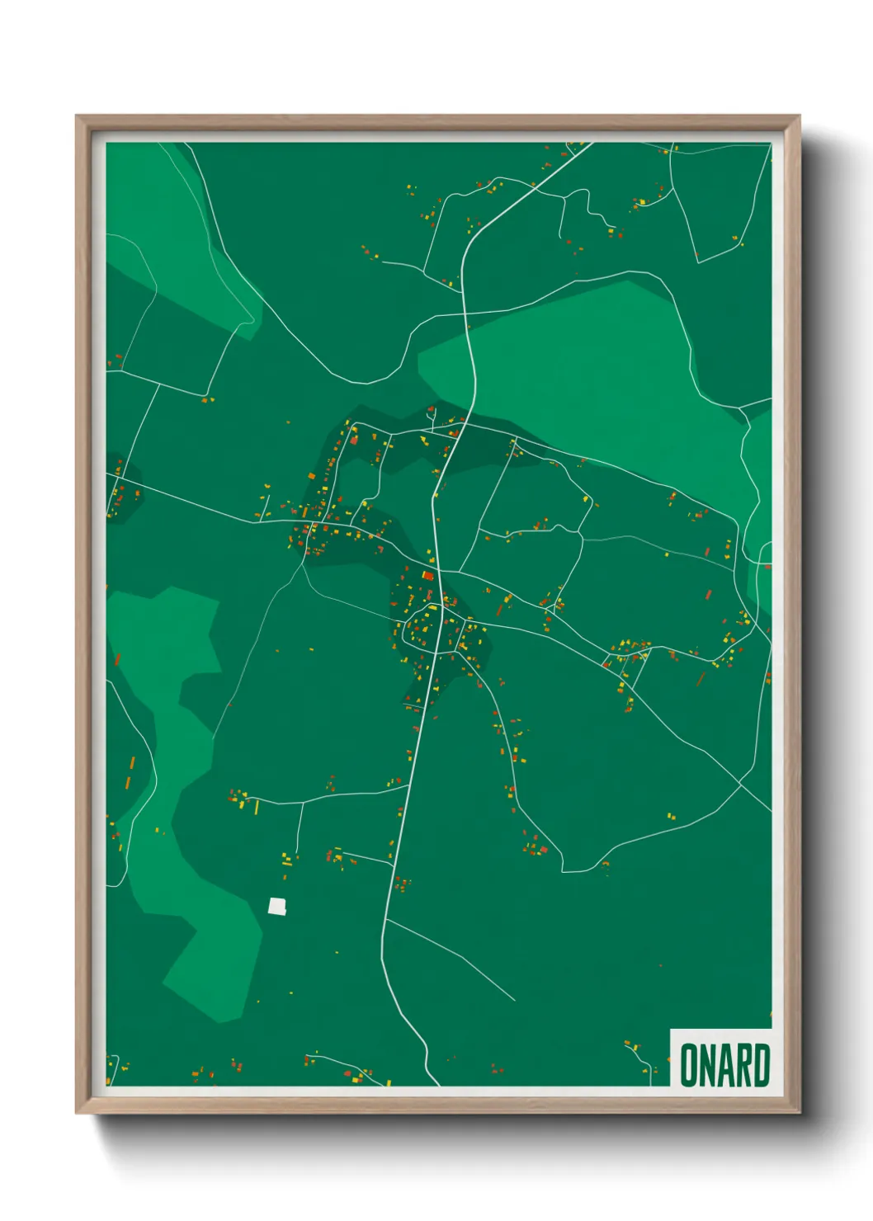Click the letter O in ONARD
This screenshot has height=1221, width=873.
coord(688,1065)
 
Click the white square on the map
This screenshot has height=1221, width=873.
coord(276,906)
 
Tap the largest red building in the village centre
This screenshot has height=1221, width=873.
coord(427,575)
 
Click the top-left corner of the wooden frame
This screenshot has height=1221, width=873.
coord(77,116)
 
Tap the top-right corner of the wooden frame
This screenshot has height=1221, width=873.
coord(799,116)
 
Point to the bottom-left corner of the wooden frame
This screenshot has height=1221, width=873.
coord(77,1112)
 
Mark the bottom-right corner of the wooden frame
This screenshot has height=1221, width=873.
coord(799,1112)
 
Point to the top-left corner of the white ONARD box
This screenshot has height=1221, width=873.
coord(671,1030)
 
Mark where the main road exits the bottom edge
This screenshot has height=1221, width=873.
coord(436,1083)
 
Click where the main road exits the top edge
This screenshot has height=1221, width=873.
coord(590,145)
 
